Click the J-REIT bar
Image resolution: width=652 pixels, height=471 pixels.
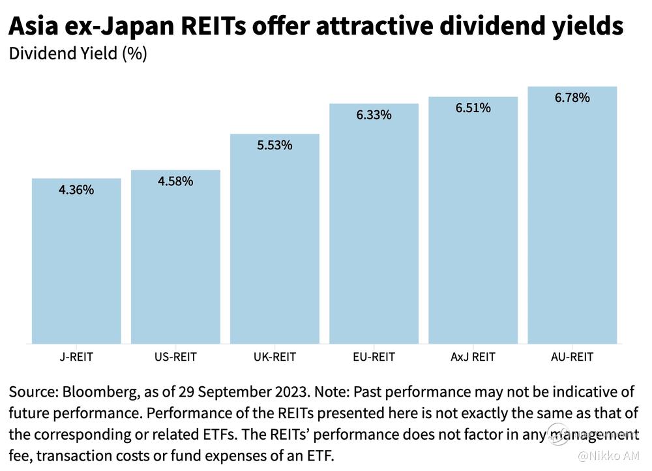click(76, 261)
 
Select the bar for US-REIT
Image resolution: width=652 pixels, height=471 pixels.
click(175, 257)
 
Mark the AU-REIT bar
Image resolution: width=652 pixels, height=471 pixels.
click(572, 215)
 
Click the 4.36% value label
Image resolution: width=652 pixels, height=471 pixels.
click(76, 190)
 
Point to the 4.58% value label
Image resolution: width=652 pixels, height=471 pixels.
click(175, 181)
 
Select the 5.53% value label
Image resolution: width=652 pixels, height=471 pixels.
click(274, 145)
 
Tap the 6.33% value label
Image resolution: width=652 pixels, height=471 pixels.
click(374, 115)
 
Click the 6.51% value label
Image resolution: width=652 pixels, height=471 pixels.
click(473, 108)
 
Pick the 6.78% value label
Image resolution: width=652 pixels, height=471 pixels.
click(572, 98)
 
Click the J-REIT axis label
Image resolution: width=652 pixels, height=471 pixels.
click(76, 357)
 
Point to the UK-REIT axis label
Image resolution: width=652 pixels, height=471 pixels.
click(274, 357)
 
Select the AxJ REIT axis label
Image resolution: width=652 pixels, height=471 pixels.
click(473, 357)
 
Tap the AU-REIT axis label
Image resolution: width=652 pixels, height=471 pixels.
click(572, 357)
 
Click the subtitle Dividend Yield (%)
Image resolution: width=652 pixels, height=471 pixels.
click(78, 53)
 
